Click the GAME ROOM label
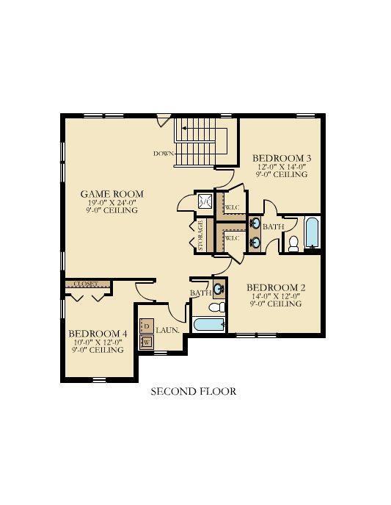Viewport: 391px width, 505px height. [112, 194]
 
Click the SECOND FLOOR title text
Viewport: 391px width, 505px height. [194, 392]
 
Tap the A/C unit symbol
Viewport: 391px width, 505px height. [204, 201]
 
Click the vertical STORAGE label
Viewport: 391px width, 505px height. [200, 236]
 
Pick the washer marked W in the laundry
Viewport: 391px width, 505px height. [147, 342]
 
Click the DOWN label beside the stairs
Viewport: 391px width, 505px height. [164, 154]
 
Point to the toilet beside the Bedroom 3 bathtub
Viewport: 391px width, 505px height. [293, 243]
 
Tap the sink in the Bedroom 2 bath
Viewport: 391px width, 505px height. [219, 288]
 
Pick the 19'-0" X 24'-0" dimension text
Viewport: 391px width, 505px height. [112, 202]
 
